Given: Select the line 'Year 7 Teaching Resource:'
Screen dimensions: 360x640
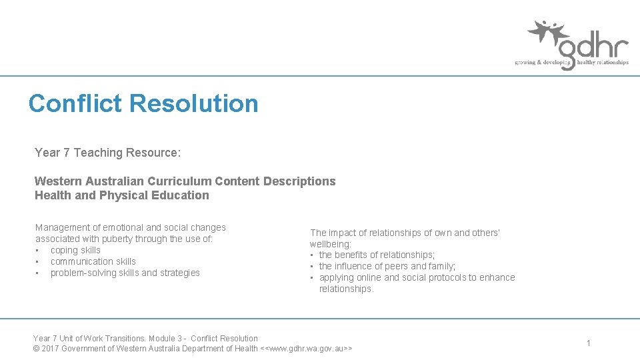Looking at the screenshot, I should pos(107,153).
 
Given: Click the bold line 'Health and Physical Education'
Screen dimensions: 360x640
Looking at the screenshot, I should pos(121,195).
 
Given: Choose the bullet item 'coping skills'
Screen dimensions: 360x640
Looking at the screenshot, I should pos(75,250).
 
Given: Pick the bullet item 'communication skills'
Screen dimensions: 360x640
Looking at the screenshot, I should pos(93,261).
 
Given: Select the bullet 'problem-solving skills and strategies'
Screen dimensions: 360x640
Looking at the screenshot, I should pos(125,273).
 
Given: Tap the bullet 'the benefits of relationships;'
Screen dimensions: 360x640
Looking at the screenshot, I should pos(377,255).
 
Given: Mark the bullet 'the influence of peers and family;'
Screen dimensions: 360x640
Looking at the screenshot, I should pos(387,266).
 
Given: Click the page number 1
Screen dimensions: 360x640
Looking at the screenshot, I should pos(589,343).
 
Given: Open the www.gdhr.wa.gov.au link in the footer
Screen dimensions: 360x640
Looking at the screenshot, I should pos(306,349).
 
